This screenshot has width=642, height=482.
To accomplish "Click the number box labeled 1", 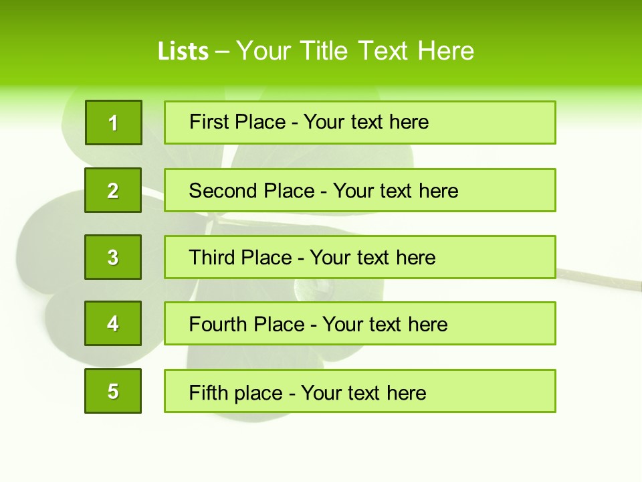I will pyautogui.click(x=114, y=123).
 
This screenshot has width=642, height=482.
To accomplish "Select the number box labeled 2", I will pyautogui.click(x=113, y=190).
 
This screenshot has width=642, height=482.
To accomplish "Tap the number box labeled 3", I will pyautogui.click(x=113, y=257).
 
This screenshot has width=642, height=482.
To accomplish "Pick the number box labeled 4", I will pyautogui.click(x=113, y=323).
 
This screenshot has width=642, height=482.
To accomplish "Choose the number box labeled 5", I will pyautogui.click(x=113, y=391).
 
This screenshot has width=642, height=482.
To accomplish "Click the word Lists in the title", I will pyautogui.click(x=183, y=51).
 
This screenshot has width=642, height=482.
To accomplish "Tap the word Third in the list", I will pyautogui.click(x=212, y=258).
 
